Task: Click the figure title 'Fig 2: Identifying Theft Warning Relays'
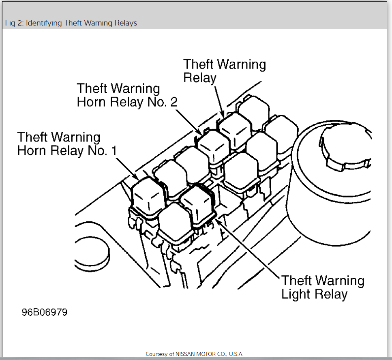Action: click(x=71, y=23)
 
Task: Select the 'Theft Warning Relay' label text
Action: click(x=225, y=71)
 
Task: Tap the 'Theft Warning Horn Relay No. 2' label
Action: click(x=127, y=95)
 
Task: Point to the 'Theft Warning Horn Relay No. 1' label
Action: click(x=67, y=144)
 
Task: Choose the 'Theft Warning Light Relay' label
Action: click(x=323, y=287)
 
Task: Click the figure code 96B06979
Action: click(x=45, y=313)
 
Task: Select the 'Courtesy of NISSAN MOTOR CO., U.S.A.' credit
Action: click(x=195, y=354)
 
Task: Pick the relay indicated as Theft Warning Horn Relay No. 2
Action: click(x=213, y=146)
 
